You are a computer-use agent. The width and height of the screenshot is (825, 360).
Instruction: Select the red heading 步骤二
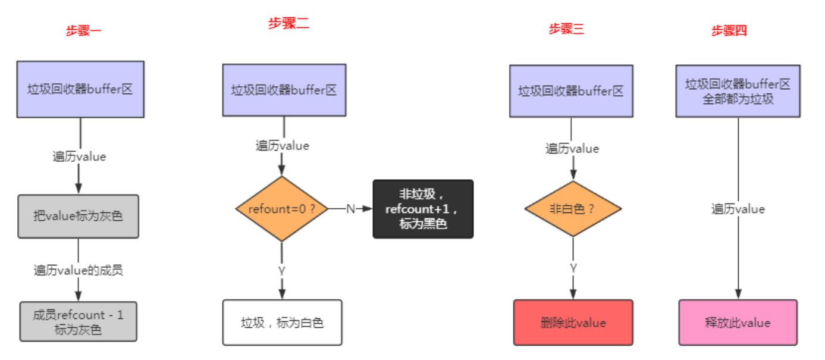288,24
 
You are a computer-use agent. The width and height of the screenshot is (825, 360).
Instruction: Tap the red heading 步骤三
566,29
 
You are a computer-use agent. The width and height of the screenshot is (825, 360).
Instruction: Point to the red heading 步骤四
729,31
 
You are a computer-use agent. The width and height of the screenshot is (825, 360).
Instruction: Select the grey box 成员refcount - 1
78,321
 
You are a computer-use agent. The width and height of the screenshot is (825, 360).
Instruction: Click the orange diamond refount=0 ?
282,209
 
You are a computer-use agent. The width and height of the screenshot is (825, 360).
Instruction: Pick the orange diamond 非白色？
572,209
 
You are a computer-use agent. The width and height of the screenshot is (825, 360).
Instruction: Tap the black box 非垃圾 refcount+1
423,209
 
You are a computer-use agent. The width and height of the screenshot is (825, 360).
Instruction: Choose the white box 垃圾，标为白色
282,323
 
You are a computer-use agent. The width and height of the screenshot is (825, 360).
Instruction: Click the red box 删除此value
573,323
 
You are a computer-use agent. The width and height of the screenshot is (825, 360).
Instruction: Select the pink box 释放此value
738,323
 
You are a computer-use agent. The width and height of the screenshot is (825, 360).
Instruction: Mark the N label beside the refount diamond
351,209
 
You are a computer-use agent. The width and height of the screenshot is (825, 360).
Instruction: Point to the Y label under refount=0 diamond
282,271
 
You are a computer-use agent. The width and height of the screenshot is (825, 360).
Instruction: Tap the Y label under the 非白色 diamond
573,268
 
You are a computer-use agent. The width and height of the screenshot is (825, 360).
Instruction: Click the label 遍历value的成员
78,270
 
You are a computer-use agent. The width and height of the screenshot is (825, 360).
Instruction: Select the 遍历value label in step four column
738,209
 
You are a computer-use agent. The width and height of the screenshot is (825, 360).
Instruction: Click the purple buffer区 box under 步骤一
80,89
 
